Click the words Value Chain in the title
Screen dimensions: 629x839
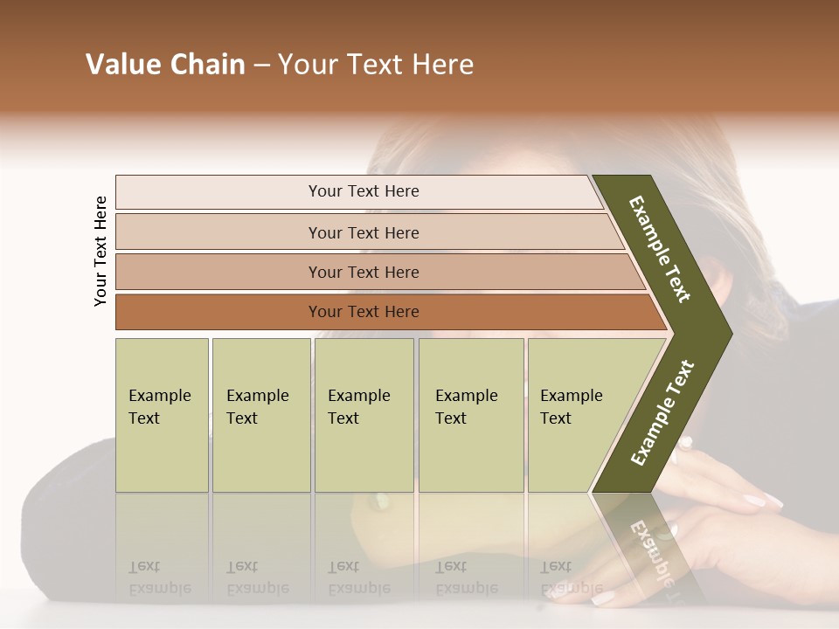(x=165, y=65)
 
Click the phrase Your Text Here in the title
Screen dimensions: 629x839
(x=376, y=65)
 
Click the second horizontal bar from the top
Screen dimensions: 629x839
(x=364, y=232)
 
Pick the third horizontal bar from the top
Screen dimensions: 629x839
(x=364, y=272)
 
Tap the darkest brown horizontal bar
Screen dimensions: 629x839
(x=364, y=312)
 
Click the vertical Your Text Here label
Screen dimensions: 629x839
(x=101, y=251)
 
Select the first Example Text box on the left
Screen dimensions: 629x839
(x=162, y=414)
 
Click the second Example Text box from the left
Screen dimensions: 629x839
(x=260, y=414)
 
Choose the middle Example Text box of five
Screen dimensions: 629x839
(x=364, y=414)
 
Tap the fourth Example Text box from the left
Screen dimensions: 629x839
(x=470, y=414)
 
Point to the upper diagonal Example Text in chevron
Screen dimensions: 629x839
(x=660, y=249)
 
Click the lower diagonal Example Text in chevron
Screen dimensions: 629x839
(x=662, y=412)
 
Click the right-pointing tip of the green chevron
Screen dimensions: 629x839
(x=727, y=333)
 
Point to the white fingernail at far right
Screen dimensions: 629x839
(x=773, y=500)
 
